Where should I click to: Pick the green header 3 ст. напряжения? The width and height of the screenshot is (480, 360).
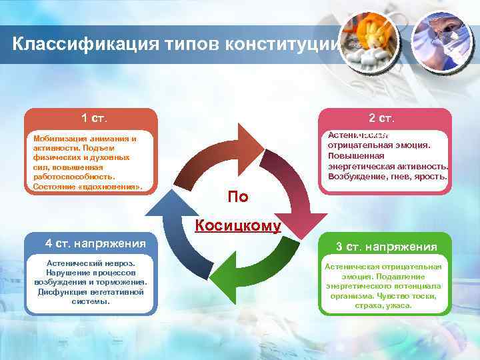coord(387,247)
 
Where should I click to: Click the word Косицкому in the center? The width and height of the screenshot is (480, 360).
coord(238,225)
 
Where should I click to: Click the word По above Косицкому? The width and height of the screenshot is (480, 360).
coord(238,197)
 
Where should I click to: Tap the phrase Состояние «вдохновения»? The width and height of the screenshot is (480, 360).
coord(87,187)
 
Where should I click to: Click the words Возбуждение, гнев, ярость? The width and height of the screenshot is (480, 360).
coord(387,176)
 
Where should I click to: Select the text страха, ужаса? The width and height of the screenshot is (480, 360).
coord(385,305)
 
